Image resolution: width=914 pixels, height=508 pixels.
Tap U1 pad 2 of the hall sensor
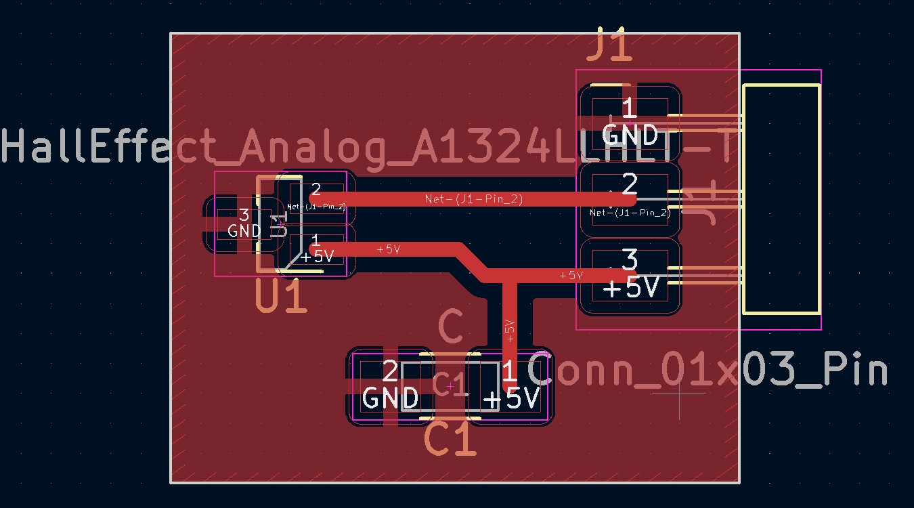315,196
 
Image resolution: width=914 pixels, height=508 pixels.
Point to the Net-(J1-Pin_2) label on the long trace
473,198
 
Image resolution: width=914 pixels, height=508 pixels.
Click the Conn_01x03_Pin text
707,371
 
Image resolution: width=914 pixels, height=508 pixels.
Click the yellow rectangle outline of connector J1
781,199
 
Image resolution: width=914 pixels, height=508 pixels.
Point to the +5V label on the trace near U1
389,249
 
